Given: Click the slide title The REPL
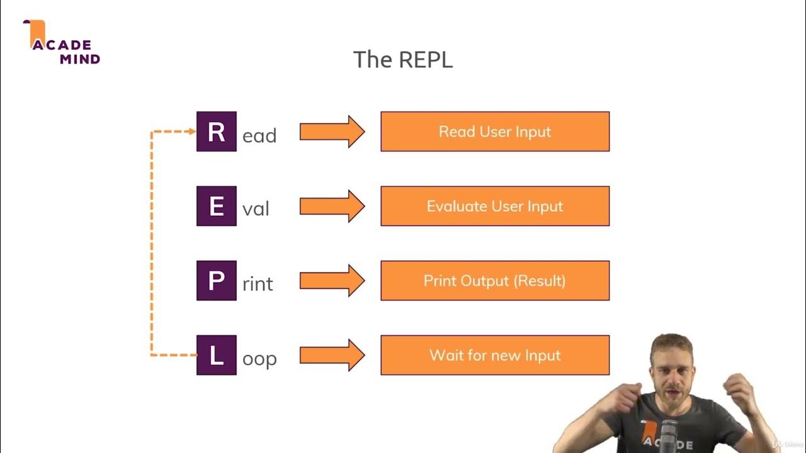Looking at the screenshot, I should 403,60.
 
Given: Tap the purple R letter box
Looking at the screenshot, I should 217,131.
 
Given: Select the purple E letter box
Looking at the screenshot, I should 217,206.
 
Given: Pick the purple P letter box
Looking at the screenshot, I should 217,281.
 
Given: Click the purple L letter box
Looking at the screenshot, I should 217,355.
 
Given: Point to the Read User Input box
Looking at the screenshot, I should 495,131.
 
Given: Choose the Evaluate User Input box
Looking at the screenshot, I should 495,206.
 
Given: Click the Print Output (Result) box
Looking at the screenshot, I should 495,281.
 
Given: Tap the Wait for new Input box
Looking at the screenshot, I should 495,355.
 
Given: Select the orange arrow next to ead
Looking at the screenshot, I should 332,131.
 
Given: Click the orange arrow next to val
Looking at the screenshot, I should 332,206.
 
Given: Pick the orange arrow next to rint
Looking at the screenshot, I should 332,281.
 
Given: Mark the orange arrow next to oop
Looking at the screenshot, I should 332,355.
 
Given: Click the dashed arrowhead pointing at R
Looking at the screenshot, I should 192,131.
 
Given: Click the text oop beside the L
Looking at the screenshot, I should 259,359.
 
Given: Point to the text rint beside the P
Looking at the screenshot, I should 258,284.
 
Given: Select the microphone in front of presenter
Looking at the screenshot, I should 669,434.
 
